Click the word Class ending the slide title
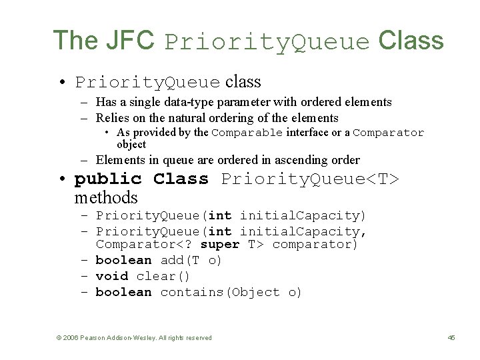pos(411,41)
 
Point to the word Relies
pos(113,118)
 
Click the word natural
pos(203,118)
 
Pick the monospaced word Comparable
pos(247,133)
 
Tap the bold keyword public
pos(108,179)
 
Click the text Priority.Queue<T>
pos(309,179)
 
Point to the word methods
pos(106,197)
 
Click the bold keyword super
pos(219,245)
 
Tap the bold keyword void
pos(112,276)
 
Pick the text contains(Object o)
pos(231,292)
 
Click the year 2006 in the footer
pos(70,338)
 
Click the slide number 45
pos(451,338)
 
